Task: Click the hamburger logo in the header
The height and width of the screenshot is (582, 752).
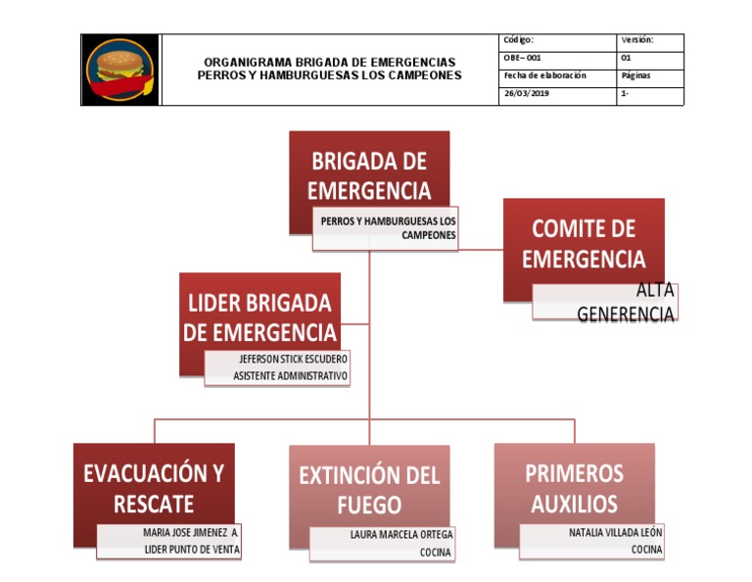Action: [x=119, y=70]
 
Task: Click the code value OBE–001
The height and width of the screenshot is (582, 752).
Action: [x=522, y=58]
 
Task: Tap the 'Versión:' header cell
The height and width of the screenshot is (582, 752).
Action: [x=637, y=40]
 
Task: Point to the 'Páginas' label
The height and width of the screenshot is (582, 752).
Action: [x=636, y=75]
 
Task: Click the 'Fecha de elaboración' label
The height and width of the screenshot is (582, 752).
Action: [x=544, y=75]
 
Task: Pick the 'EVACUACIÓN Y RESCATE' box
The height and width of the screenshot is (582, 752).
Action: [x=154, y=487]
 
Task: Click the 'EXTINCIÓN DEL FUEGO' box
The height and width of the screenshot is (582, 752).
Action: [x=369, y=489]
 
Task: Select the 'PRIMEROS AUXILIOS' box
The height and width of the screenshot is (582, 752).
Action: [x=574, y=487]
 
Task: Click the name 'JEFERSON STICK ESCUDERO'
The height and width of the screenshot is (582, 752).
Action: [x=293, y=359]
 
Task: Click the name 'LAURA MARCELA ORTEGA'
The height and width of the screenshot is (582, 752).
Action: [x=401, y=535]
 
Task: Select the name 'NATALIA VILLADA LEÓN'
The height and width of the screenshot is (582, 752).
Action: [x=615, y=533]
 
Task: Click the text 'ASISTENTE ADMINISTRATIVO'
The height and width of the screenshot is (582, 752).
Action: [x=290, y=376]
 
